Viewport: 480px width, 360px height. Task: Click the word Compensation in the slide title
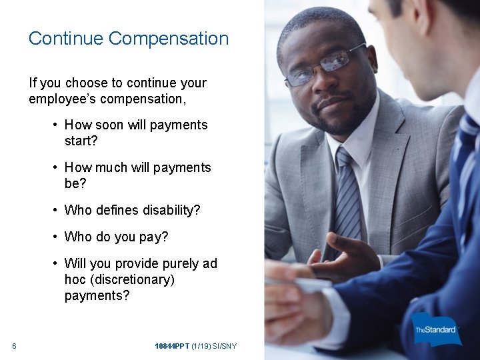(x=169, y=39)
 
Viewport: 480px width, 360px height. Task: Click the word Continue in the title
(x=65, y=39)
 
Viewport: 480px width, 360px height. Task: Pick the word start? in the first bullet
(x=81, y=141)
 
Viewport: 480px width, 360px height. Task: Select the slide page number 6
(x=14, y=346)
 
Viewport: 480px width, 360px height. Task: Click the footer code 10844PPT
(x=172, y=346)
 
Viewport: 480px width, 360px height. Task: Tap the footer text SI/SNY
(x=225, y=346)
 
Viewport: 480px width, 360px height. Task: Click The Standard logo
(x=436, y=329)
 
